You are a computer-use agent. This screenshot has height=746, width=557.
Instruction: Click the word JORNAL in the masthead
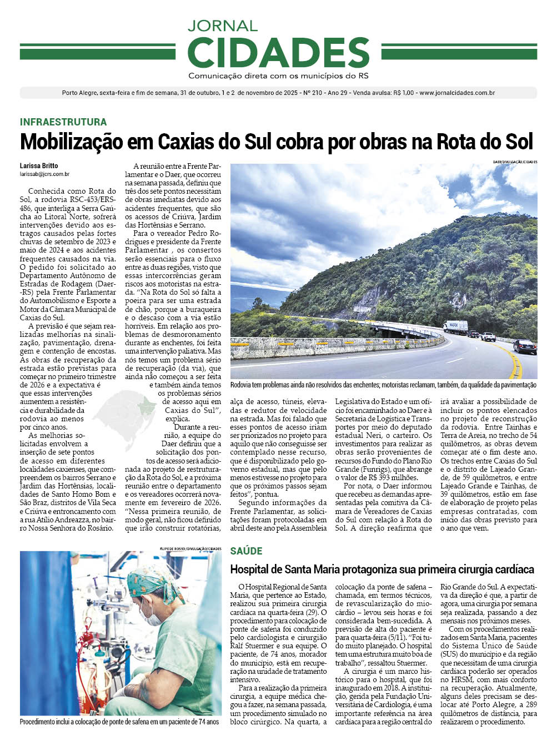pyautogui.click(x=222, y=26)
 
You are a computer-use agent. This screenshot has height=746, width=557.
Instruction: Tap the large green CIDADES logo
pyautogui.click(x=278, y=53)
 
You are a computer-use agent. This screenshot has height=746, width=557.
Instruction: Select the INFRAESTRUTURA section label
pyautogui.click(x=63, y=122)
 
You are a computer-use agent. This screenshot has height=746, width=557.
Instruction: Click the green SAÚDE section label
pyautogui.click(x=246, y=551)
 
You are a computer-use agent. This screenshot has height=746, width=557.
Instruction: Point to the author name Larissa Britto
pyautogui.click(x=39, y=166)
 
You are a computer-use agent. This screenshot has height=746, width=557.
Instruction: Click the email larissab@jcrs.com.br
pyautogui.click(x=44, y=174)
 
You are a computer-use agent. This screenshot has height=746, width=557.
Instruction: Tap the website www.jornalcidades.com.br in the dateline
pyautogui.click(x=456, y=93)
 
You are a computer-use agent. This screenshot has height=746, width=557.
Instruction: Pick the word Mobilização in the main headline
pyautogui.click(x=71, y=142)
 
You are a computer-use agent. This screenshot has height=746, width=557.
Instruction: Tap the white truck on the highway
pyautogui.click(x=455, y=327)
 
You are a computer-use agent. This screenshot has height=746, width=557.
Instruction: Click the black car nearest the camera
pyautogui.click(x=524, y=346)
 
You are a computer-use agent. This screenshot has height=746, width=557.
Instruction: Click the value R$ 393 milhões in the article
pyautogui.click(x=397, y=477)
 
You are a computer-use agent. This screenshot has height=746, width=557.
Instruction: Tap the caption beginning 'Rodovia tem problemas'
pyautogui.click(x=383, y=385)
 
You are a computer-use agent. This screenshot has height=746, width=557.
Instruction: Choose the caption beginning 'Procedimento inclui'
pyautogui.click(x=119, y=722)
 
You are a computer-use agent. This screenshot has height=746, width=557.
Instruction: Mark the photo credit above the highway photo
pyautogui.click(x=514, y=162)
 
